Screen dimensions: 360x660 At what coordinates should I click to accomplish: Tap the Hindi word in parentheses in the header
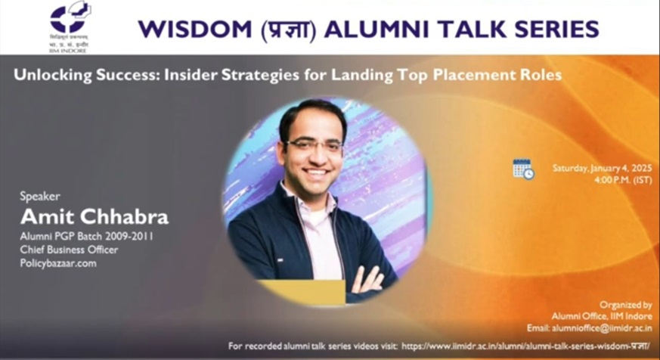[x=291, y=29]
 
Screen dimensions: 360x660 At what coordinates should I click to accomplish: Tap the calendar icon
[x=522, y=169]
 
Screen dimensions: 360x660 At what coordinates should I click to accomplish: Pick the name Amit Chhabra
[x=94, y=217]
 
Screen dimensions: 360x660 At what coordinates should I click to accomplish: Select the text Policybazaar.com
[x=58, y=263]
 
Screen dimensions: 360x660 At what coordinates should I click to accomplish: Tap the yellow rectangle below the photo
[x=302, y=292]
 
